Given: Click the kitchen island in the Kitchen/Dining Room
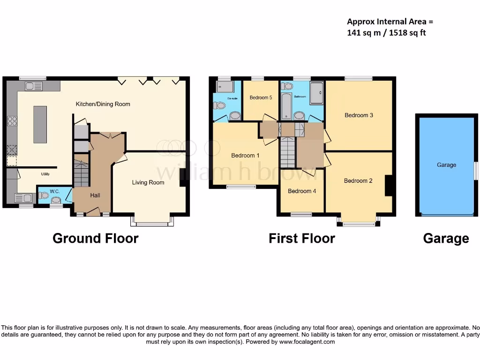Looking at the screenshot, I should tap(40, 124).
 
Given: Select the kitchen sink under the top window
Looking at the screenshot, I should tap(34, 86).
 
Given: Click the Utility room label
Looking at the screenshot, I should tap(45, 174).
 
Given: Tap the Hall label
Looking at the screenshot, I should tap(95, 195).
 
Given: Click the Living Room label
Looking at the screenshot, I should tap(148, 182).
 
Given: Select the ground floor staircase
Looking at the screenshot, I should tap(81, 173).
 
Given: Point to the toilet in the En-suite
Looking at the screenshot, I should tap(219, 106).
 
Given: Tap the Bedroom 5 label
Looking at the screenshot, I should tap(261, 97).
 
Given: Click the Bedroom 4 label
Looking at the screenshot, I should tap(302, 191).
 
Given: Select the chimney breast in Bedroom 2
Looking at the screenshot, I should tap(388, 185).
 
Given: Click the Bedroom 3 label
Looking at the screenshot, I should tap(359, 115).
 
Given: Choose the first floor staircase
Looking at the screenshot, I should tap(287, 153).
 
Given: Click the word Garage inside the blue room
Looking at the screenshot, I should tap(446, 165).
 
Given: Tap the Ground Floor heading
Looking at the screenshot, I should tap(95, 238).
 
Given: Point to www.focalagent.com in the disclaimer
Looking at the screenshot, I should tap(307, 342).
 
